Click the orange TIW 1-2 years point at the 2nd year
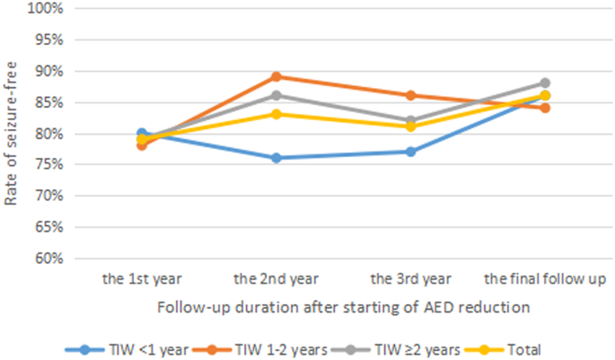click(276, 77)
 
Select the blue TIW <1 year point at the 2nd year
click(276, 158)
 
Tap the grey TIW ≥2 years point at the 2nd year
click(276, 95)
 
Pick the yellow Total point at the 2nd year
click(276, 114)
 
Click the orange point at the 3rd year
click(410, 95)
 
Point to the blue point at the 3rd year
click(410, 152)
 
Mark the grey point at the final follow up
click(544, 83)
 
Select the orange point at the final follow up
click(544, 108)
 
